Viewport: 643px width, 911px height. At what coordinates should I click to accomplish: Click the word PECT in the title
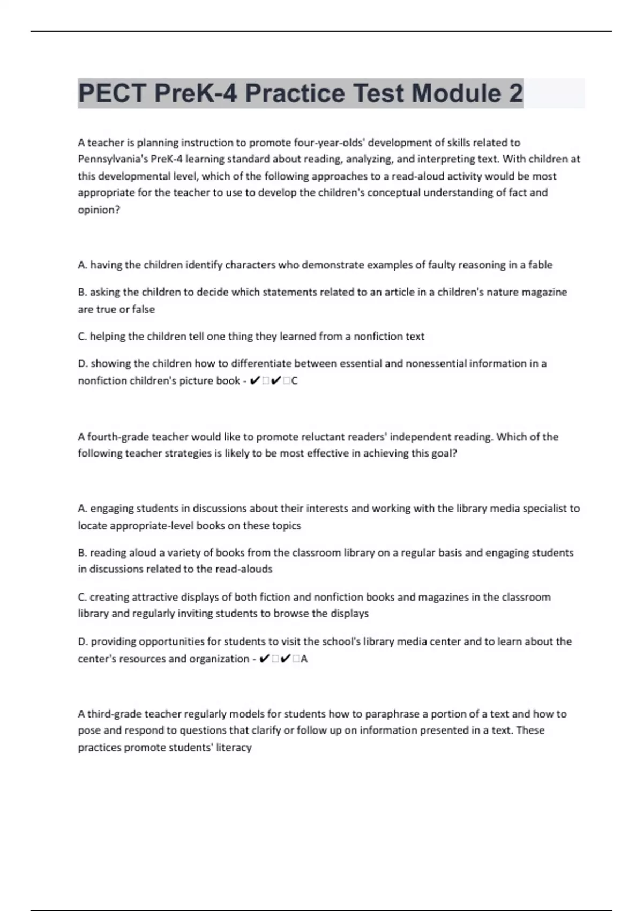point(112,93)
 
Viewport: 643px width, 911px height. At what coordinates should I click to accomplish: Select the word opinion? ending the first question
point(99,210)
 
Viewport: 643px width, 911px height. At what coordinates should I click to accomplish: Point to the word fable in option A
point(540,265)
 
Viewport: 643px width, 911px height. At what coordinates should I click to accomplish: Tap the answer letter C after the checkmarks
point(294,381)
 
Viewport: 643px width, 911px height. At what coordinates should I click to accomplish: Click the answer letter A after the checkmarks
point(304,659)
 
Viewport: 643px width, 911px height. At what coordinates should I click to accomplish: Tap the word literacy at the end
point(234,748)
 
